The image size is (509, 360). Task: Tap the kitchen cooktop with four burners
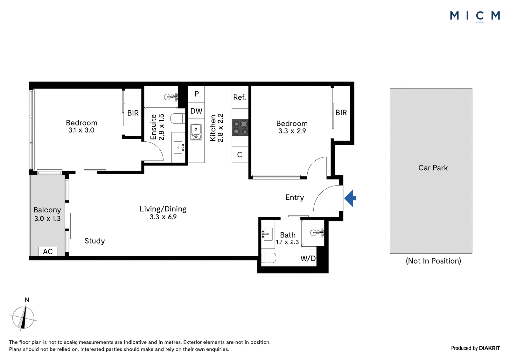[x=240, y=127]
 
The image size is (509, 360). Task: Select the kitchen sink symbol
[x=196, y=132]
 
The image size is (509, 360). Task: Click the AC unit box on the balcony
[x=48, y=251]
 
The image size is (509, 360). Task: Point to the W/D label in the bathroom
[x=308, y=258]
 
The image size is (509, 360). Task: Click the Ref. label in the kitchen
[x=240, y=97]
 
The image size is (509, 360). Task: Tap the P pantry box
[x=197, y=94]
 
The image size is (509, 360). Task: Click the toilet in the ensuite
[x=178, y=118]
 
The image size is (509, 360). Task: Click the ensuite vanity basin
[x=178, y=148]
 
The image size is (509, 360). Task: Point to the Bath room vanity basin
[x=267, y=234]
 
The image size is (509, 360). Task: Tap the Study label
[x=94, y=241]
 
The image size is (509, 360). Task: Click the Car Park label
[x=433, y=168]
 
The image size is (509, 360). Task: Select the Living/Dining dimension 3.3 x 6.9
[x=163, y=217]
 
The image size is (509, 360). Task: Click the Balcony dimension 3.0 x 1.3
[x=47, y=219]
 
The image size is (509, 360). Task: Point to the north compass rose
[x=23, y=318]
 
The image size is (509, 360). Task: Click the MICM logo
[x=475, y=16]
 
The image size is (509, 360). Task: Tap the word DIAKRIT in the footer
[x=490, y=348]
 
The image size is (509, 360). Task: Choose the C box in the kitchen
[x=240, y=155]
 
